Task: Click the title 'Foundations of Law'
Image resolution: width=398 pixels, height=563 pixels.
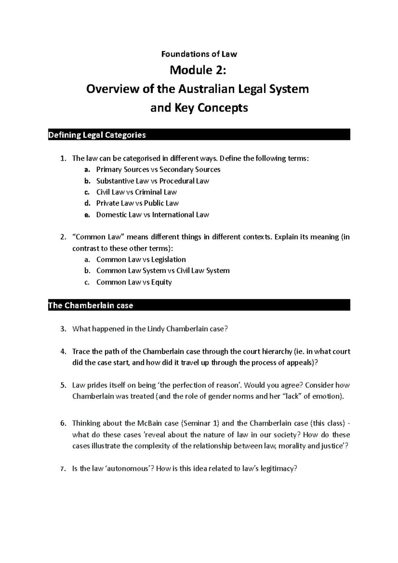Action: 199,54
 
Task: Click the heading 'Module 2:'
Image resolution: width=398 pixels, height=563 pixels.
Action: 199,70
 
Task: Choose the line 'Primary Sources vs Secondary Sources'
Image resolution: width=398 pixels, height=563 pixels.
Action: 158,169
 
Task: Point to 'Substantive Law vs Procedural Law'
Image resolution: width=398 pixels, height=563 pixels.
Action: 153,181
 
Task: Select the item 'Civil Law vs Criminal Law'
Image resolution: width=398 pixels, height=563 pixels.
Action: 136,192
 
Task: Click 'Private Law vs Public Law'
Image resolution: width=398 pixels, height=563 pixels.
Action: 137,203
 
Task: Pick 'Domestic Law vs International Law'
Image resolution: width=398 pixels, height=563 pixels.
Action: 153,215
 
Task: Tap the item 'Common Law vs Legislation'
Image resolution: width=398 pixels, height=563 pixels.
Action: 141,259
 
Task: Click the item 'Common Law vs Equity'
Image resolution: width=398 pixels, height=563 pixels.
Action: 134,282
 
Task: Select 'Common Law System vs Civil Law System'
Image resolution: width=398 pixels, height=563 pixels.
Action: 163,271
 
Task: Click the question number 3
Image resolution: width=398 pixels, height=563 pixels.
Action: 63,329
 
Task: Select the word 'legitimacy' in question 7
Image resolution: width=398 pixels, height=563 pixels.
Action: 277,469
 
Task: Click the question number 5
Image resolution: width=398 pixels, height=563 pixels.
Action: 63,385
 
